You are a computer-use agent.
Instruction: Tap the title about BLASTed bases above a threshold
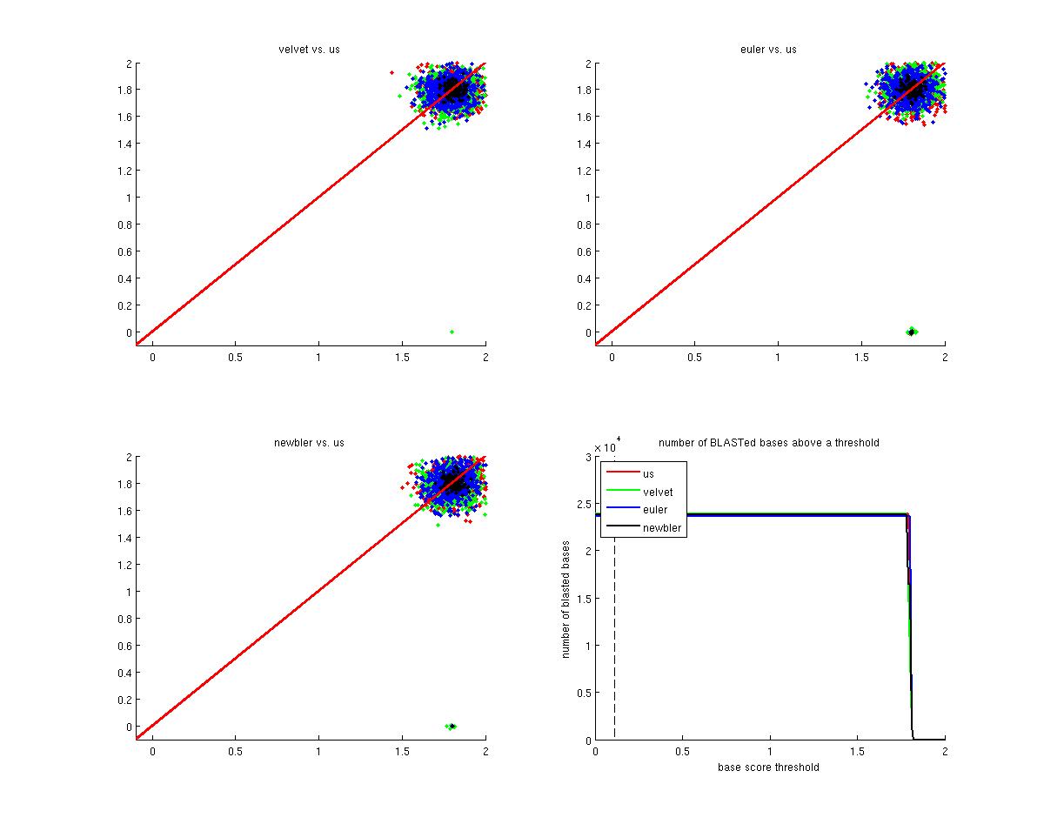(x=768, y=443)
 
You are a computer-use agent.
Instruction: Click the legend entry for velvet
(x=658, y=493)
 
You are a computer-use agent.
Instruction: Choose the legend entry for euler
(x=655, y=510)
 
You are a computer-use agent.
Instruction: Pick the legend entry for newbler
(x=660, y=527)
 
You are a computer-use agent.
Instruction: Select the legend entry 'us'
(x=648, y=474)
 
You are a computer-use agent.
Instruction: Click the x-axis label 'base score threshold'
(x=768, y=767)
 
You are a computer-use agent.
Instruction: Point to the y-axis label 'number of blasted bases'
(x=565, y=599)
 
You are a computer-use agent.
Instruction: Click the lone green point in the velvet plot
(x=452, y=332)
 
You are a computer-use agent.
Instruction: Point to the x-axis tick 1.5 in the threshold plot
(x=858, y=751)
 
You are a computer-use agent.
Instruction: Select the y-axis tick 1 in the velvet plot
(x=128, y=198)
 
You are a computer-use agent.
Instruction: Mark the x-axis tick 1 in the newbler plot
(x=318, y=751)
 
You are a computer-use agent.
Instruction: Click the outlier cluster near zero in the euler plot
(x=911, y=332)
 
